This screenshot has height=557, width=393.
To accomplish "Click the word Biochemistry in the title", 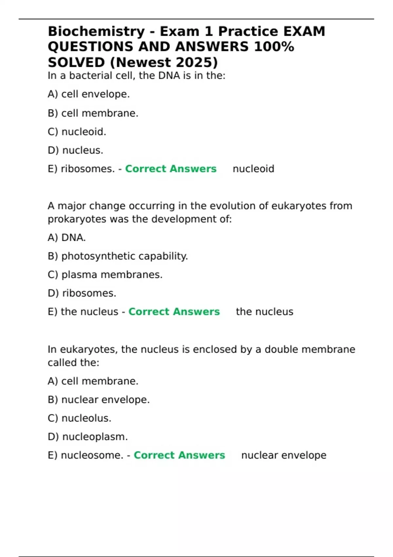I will [96, 31].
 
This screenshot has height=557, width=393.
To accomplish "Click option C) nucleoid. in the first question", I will [77, 132].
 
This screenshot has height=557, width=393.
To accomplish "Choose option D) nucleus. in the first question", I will [75, 150].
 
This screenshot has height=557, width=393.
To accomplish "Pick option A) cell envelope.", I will [89, 94].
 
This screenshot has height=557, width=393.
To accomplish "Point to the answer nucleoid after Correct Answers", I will [253, 169].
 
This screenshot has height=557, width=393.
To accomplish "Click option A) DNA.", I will [66, 238].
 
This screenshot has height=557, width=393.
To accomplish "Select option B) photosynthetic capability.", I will [118, 256].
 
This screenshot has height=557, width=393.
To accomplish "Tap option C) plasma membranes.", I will [105, 275].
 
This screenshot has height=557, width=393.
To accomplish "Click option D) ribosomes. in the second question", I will [82, 293].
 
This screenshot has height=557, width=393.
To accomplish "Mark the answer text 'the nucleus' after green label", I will [264, 312].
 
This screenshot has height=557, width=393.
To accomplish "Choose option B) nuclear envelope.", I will [99, 400].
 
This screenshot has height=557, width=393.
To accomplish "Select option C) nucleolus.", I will [79, 418].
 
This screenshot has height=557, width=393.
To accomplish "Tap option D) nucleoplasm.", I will [87, 437].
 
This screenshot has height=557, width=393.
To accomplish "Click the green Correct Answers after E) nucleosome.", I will [179, 455].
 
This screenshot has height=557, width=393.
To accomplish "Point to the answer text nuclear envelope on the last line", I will [284, 455].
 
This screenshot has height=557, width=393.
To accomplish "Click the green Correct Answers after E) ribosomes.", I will [171, 169].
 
